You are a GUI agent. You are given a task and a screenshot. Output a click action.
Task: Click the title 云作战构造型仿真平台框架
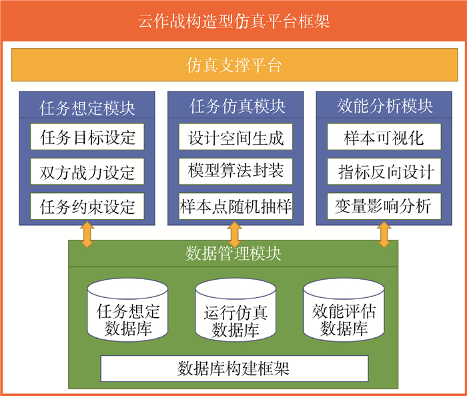coord(233,21)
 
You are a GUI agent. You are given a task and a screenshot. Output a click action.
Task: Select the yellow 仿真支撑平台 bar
coord(233,65)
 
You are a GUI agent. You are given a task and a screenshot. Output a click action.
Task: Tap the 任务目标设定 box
coord(87,138)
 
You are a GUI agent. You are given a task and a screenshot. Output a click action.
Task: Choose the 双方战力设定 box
coord(87,172)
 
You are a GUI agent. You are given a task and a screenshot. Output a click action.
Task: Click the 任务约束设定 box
coord(87,204)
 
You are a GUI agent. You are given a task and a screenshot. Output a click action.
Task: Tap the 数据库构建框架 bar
coord(233,368)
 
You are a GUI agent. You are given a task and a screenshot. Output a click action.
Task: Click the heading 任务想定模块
coord(87,107)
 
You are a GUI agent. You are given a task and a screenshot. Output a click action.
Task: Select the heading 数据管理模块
coord(233,254)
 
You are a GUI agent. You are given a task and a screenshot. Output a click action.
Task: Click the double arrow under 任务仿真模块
coord(234,233)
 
